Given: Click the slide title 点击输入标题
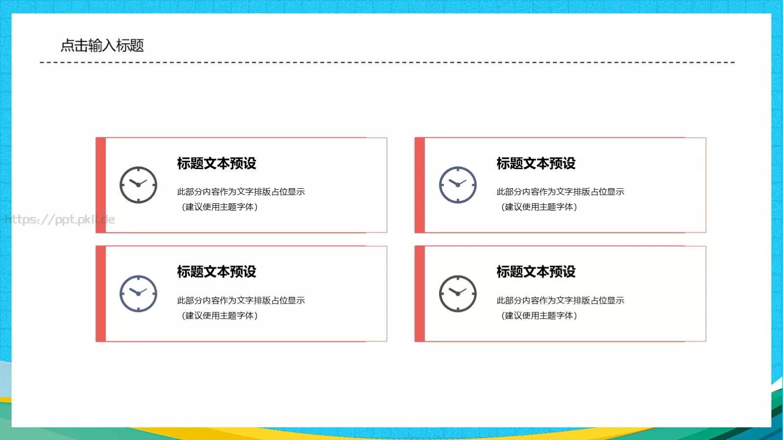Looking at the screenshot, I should (x=102, y=45).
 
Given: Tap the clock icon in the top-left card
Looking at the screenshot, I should (x=138, y=185).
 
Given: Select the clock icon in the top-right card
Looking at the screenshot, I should (x=458, y=185).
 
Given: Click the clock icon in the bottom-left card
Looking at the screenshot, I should (x=138, y=293).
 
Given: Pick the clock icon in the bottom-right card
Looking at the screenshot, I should (x=458, y=293).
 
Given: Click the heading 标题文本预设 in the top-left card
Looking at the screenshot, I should (x=217, y=163).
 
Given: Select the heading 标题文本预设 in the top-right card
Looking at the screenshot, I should (x=536, y=163).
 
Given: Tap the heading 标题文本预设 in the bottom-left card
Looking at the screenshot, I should (x=217, y=272).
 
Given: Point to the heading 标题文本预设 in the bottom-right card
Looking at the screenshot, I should (x=536, y=272).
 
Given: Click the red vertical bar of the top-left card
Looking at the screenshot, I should (x=101, y=185).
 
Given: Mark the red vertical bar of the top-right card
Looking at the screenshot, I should (x=420, y=185).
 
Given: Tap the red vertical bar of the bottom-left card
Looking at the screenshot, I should (x=101, y=293).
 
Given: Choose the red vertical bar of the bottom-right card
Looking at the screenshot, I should (x=420, y=293).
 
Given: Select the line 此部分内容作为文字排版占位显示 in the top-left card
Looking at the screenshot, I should (x=241, y=192).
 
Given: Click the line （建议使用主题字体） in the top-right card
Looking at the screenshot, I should (x=539, y=207).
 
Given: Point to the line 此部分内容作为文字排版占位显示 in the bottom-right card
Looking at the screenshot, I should (x=560, y=300).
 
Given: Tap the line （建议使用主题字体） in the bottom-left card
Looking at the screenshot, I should (x=220, y=315).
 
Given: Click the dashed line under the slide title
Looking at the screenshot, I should (x=387, y=63).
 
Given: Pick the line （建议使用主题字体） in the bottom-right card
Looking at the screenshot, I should (x=539, y=315).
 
